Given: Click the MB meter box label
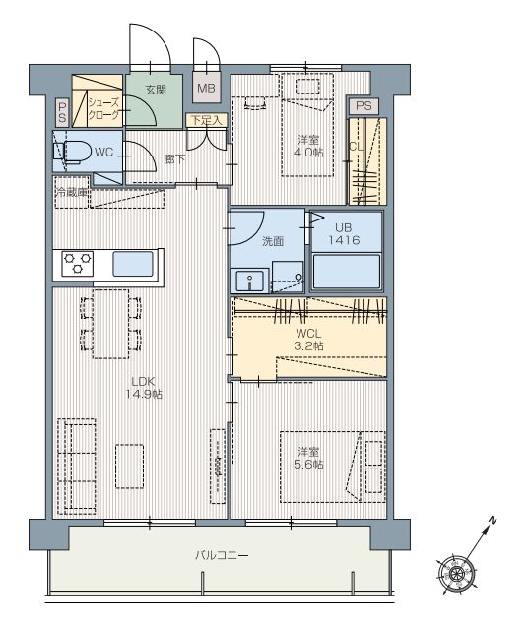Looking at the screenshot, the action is pos(206,88).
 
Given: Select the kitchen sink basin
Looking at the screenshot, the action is pos(133,264).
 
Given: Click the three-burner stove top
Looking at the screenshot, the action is pos(78,264).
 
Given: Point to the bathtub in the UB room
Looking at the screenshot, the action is pos(347,271).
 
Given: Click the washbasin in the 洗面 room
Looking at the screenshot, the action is pos(249,282).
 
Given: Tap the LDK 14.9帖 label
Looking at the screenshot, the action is pos(144,388).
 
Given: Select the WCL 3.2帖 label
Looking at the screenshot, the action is pos(308,340).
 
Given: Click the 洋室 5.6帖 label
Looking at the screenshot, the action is pos(308,458).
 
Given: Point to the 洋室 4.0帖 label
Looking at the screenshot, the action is pos(308,146).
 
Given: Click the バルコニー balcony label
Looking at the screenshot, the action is pos(223,555).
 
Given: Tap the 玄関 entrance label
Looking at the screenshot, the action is pos(156,90).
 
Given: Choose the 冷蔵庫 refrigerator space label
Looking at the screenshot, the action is pos(72,192).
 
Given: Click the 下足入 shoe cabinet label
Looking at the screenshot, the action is pos(206,120).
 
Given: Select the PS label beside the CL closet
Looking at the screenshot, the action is pos(364,106).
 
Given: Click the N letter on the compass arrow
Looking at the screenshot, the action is pos(493,520).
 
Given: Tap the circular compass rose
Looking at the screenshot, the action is pos(456,574).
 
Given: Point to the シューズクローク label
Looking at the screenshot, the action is pos(104,109).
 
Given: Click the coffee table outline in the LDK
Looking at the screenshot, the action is pos(130,467).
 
